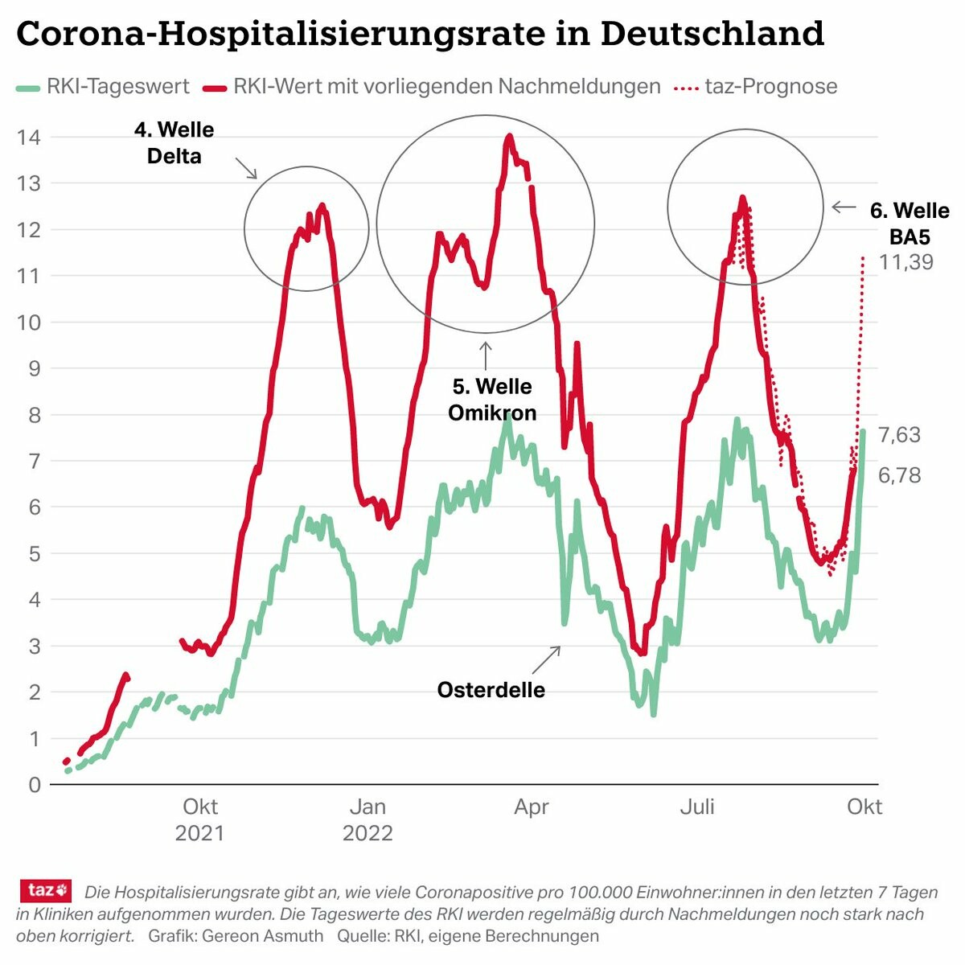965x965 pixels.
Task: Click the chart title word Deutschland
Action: coord(712,34)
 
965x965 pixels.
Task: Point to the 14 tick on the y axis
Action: coord(29,137)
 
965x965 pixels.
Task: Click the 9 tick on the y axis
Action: coord(34,368)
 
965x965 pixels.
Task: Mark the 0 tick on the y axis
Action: coord(34,785)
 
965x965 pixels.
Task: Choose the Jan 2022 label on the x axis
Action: coord(368,819)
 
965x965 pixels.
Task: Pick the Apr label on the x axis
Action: coord(532,807)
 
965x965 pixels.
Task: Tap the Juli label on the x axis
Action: coord(697,807)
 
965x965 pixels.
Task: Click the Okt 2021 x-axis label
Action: coord(199,819)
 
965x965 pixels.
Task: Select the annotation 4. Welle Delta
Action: coord(175,142)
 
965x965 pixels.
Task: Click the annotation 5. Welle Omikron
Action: coord(492,400)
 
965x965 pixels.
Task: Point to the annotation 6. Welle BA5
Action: coord(910,224)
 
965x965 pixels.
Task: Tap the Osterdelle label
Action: coord(491,690)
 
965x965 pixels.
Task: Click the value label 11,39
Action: coord(906,262)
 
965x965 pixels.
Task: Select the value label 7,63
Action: coord(899,435)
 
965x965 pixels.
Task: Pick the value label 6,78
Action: coord(899,475)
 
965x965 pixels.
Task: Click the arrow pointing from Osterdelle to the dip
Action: coord(545,659)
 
